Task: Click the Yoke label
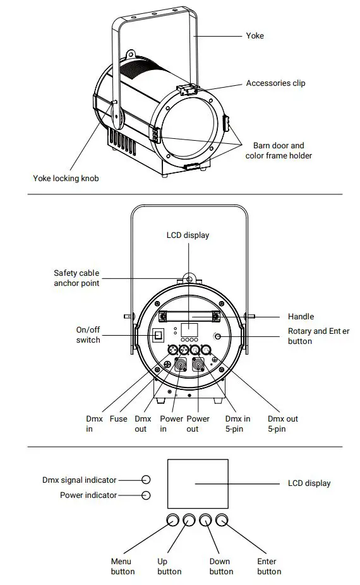(255, 36)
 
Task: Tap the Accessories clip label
(276, 83)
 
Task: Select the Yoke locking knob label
(66, 178)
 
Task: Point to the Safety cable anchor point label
(76, 278)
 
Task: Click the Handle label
(301, 316)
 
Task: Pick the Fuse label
(118, 418)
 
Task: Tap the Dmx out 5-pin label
(282, 423)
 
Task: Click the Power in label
(171, 423)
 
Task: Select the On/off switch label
(88, 334)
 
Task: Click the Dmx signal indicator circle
(146, 480)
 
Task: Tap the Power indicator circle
(146, 495)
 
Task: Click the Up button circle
(189, 520)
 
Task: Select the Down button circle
(205, 520)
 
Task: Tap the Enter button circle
(222, 520)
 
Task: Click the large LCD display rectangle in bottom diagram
(197, 483)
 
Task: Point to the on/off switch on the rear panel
(160, 334)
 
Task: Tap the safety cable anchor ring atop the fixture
(188, 279)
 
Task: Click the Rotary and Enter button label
(318, 336)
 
